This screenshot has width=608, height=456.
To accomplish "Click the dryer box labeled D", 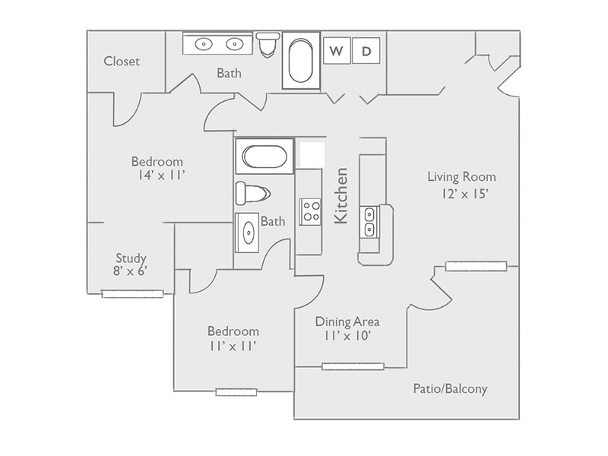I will [x=366, y=51].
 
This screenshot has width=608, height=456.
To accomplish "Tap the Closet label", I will [x=122, y=62].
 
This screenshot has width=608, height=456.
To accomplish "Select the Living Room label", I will [x=461, y=177].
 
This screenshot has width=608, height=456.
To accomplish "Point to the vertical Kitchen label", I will [x=341, y=195].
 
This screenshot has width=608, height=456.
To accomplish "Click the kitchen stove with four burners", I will [x=309, y=211].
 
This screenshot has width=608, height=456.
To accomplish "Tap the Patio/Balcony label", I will [x=450, y=389].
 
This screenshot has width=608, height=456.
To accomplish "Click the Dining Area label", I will [x=347, y=321].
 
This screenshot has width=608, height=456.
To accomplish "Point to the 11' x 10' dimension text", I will [x=347, y=336].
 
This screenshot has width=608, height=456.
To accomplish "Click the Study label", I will [x=131, y=258].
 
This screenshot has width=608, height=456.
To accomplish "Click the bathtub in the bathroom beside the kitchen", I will [x=264, y=157].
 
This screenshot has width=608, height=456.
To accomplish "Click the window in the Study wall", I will [x=133, y=293].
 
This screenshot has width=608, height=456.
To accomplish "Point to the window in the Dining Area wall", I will [x=352, y=366].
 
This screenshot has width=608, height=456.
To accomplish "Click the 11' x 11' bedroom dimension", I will [x=233, y=347].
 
